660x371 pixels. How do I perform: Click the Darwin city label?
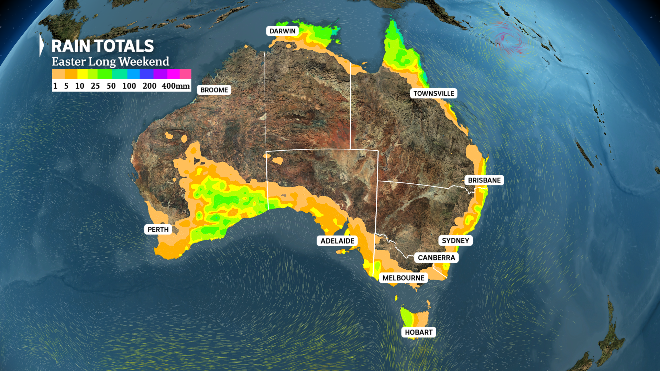point(282,31)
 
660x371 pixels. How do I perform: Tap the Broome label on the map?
point(214,90)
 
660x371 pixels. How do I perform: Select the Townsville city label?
point(433,93)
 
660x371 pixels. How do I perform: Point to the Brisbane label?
point(484,180)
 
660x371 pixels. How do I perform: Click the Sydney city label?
point(455,240)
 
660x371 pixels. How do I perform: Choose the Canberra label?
point(436,258)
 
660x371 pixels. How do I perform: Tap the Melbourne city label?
point(403,278)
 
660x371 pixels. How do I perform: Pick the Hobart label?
point(418,332)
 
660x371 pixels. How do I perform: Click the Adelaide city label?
point(337,241)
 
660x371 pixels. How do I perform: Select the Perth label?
point(158,229)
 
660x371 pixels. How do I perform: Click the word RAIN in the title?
point(71,46)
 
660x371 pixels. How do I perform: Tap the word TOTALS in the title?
point(124,46)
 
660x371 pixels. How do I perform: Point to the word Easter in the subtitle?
point(68,62)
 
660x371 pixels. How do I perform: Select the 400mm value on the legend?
point(176,86)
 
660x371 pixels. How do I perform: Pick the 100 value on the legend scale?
point(129,86)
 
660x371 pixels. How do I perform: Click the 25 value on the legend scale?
point(95,86)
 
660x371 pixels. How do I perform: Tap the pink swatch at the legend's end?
point(185,74)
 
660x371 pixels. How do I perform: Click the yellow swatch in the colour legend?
point(82,74)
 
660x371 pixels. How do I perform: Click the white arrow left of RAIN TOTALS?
point(42,45)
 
